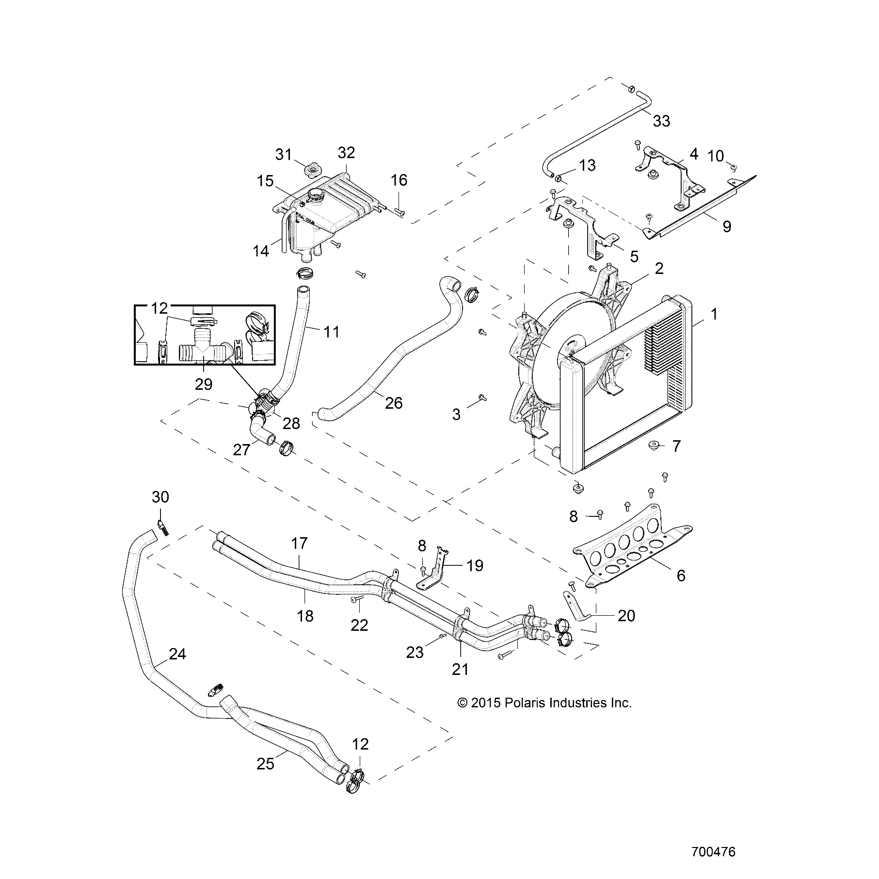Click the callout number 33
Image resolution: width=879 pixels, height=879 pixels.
(661, 121)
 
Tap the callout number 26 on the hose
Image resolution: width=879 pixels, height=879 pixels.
(394, 402)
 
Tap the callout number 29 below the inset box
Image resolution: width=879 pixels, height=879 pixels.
(204, 384)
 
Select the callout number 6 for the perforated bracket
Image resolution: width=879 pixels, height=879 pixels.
(681, 575)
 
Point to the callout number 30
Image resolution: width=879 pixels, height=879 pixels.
(160, 497)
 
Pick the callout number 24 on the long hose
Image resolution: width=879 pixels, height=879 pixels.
(177, 655)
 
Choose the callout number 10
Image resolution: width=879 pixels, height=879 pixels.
(716, 156)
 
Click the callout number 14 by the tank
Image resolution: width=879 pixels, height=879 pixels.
(261, 251)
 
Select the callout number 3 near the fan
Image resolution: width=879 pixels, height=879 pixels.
(456, 414)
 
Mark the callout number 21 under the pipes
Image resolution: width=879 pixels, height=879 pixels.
(460, 670)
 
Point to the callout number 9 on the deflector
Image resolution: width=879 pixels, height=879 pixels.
(727, 226)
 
